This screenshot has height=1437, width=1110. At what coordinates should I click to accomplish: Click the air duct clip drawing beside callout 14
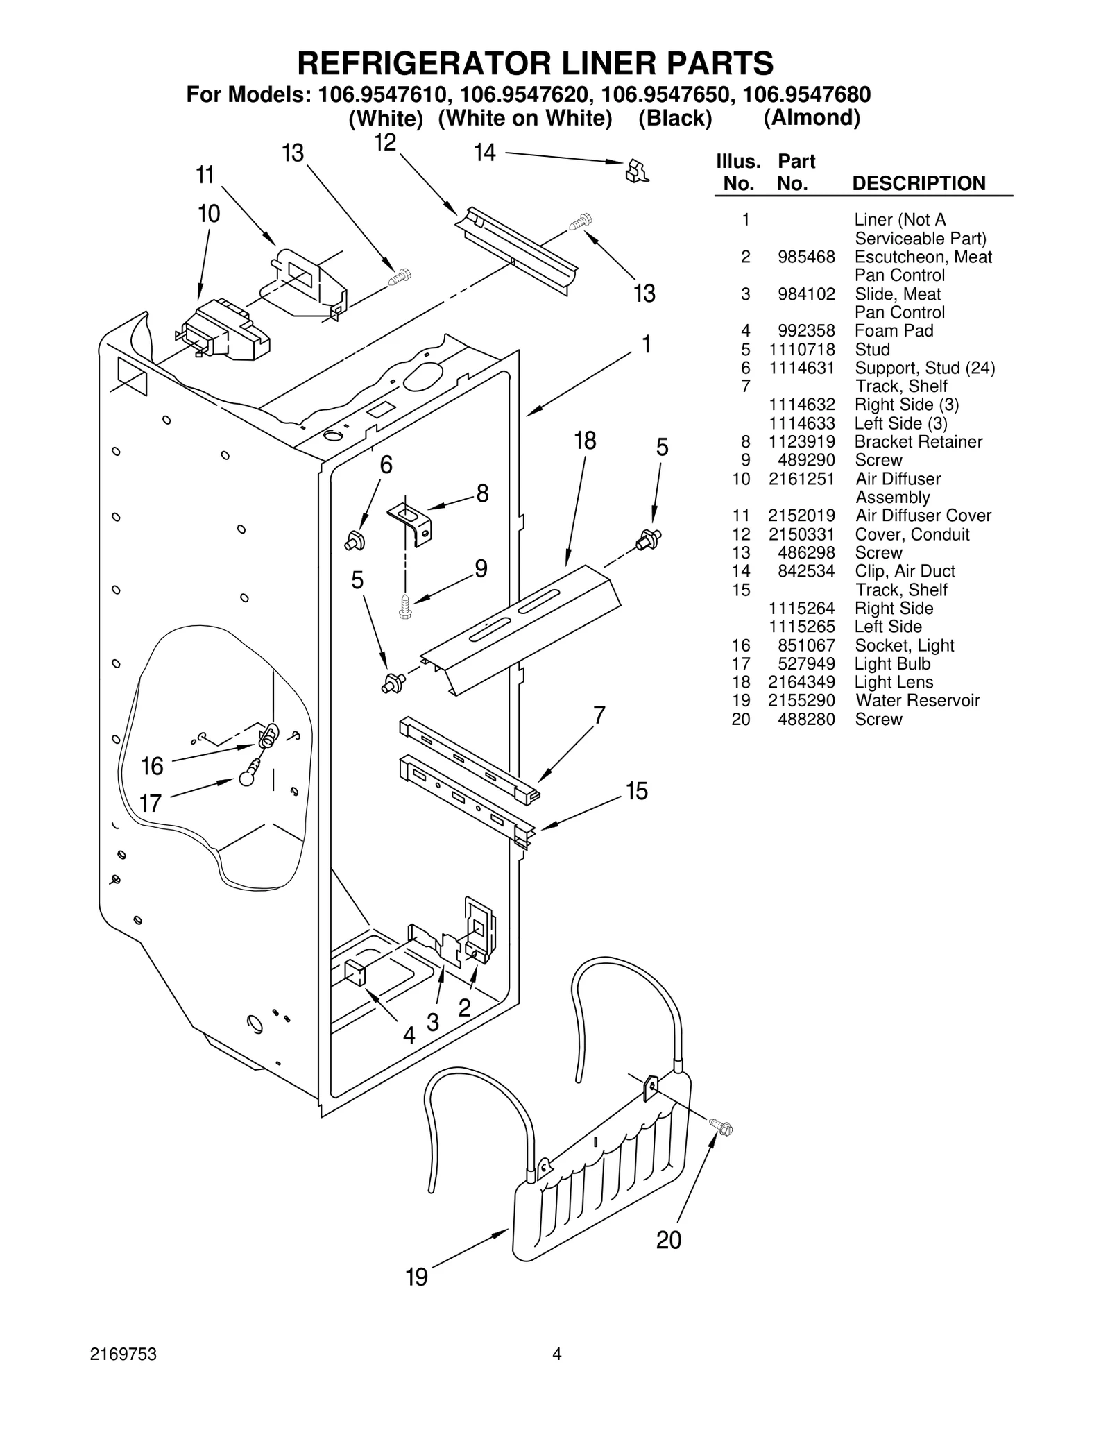(x=636, y=171)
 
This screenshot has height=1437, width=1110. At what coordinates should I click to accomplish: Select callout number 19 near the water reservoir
(x=416, y=1277)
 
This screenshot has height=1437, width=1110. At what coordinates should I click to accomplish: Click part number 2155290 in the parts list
(x=801, y=701)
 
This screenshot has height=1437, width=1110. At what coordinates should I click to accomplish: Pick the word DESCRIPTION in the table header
(x=918, y=184)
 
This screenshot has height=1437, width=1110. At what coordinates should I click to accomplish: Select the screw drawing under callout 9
(x=405, y=607)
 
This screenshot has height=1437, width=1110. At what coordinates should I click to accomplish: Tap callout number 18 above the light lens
(x=585, y=441)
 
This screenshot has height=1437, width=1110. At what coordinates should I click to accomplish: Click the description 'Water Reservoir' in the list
(x=917, y=701)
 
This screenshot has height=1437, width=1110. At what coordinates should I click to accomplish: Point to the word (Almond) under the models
(x=812, y=118)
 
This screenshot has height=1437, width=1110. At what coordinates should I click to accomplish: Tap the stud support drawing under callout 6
(x=355, y=540)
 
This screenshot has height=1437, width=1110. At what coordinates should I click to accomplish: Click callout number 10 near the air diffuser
(x=209, y=214)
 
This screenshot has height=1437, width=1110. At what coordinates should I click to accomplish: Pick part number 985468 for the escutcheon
(x=806, y=257)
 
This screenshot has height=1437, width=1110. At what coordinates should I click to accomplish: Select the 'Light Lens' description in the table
(x=894, y=683)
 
